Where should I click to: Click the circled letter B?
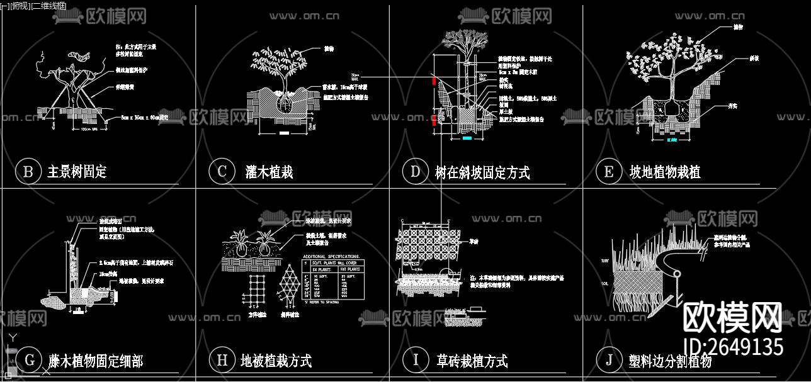(x=28, y=172)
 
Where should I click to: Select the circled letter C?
(x=222, y=172)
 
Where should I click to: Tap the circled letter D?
(x=415, y=172)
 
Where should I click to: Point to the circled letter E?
(x=608, y=172)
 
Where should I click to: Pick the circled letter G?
(x=29, y=360)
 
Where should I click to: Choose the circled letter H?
(x=222, y=360)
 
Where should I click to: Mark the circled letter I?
(x=415, y=360)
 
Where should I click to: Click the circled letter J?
(x=608, y=360)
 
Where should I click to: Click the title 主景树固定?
(x=77, y=172)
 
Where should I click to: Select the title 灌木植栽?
(x=269, y=172)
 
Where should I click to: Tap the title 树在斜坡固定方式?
(x=482, y=172)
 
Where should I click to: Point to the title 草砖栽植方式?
(x=472, y=361)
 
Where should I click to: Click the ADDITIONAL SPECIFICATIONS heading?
(x=331, y=257)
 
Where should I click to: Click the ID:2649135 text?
(x=733, y=347)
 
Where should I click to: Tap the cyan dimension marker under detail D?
(x=467, y=137)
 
